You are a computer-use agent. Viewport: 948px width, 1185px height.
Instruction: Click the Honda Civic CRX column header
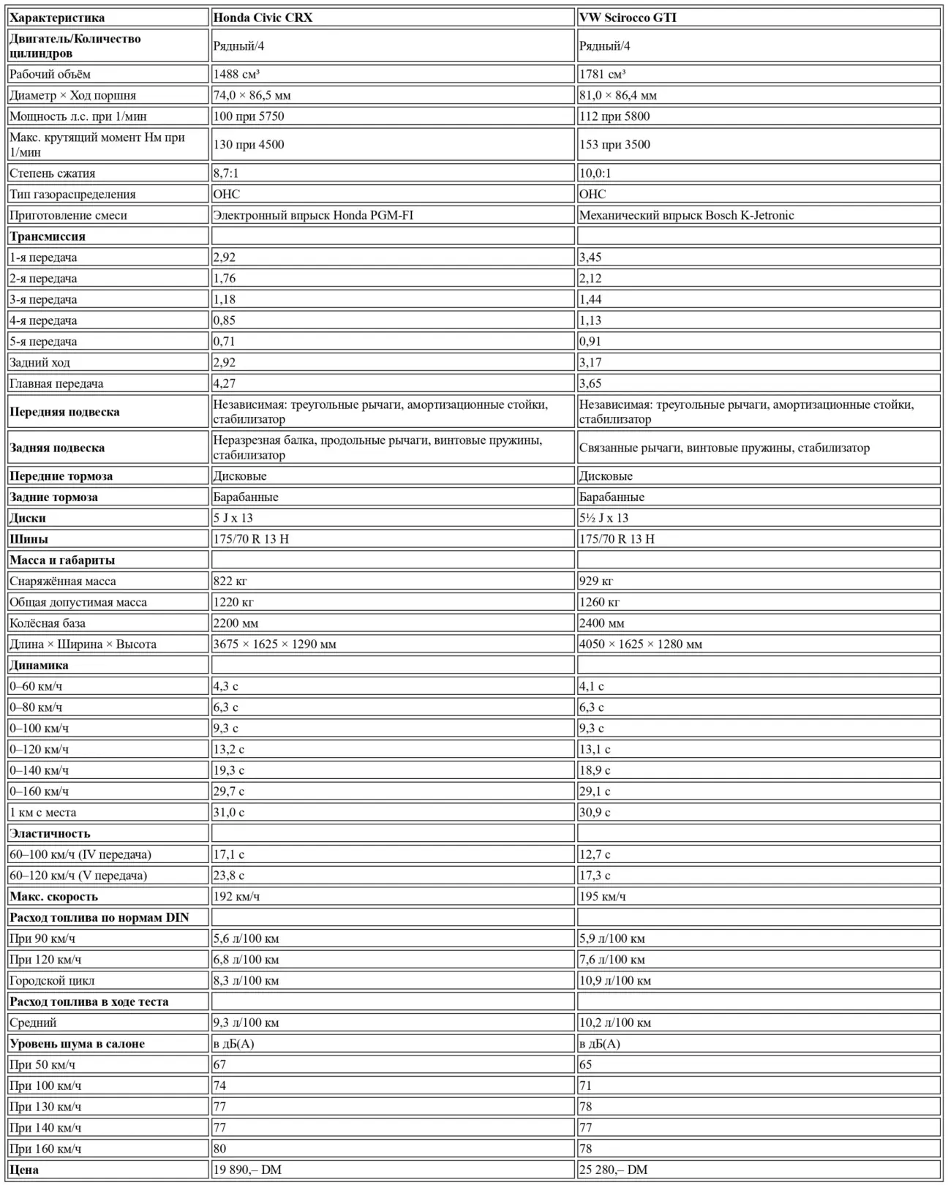263,18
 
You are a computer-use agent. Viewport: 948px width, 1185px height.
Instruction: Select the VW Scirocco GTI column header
628,18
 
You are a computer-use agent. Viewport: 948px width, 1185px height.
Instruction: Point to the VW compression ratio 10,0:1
595,173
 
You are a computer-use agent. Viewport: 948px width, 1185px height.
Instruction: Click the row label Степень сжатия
52,173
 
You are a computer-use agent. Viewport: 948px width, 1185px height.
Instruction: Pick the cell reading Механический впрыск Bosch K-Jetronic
686,215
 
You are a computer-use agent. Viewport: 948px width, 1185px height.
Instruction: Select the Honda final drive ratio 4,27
225,383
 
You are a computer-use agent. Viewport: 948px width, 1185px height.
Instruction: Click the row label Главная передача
56,383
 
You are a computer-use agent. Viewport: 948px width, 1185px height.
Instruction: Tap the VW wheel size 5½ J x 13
603,518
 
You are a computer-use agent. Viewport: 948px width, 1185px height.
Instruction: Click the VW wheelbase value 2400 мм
601,623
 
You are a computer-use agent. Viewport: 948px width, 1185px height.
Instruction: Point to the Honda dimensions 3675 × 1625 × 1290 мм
274,644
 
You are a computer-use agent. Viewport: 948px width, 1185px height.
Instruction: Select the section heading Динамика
39,666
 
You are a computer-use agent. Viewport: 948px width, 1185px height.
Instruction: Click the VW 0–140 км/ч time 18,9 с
594,770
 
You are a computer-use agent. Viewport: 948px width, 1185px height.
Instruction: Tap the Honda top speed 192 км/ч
236,896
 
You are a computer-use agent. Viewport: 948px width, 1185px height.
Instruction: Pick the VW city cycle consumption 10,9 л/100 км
614,980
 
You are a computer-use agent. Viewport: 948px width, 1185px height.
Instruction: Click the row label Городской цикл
52,980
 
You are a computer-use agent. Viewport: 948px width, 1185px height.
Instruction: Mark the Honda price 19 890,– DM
247,1170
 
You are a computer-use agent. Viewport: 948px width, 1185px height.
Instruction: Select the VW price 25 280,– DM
613,1170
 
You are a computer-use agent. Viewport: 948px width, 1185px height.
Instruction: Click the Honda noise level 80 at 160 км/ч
220,1148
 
